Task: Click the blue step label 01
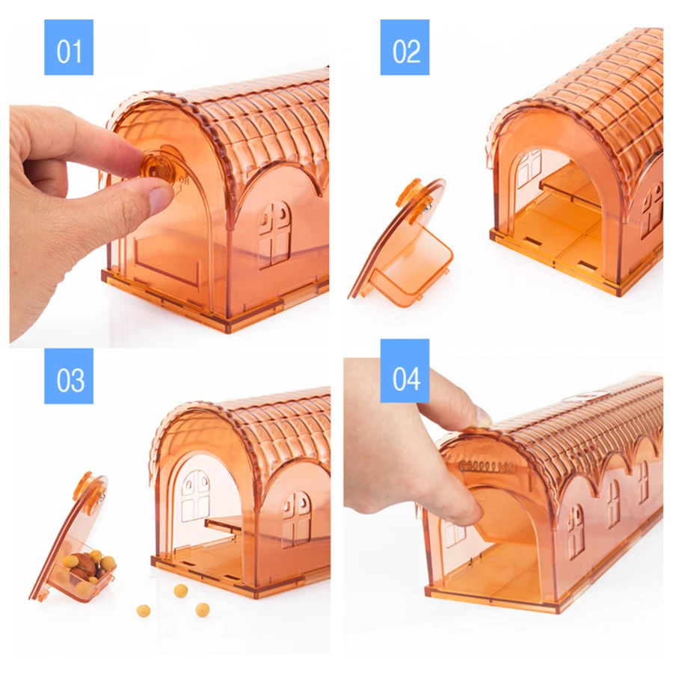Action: pyautogui.click(x=69, y=47)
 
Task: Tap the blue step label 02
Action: pyautogui.click(x=405, y=47)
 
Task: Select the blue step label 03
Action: pyautogui.click(x=69, y=376)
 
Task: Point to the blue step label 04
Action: pyautogui.click(x=405, y=371)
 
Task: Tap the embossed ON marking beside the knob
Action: pyautogui.click(x=184, y=179)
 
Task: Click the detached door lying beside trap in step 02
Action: pyautogui.click(x=402, y=244)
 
